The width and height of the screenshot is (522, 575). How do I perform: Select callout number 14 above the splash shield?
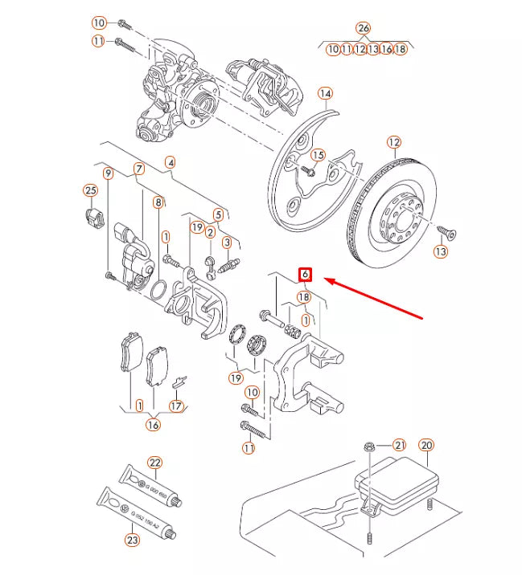coord(324,94)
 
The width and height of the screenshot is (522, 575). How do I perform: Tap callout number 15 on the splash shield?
coord(318,155)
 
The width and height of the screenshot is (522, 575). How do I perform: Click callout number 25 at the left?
coord(90,190)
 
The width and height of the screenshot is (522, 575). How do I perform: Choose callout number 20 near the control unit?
coord(426,445)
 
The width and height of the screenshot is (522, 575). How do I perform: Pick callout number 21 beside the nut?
coord(400,445)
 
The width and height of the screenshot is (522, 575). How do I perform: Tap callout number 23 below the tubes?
coord(132,540)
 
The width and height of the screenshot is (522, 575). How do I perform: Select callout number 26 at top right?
coord(364,28)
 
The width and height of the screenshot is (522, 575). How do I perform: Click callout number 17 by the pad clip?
coord(176,406)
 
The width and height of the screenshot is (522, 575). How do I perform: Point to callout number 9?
coord(107,173)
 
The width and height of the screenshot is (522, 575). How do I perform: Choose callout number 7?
coord(138,169)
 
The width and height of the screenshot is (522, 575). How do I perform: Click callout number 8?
coord(158,202)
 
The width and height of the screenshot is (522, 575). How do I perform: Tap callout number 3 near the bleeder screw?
coord(227,243)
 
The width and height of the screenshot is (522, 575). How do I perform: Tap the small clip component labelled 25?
coord(92,216)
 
